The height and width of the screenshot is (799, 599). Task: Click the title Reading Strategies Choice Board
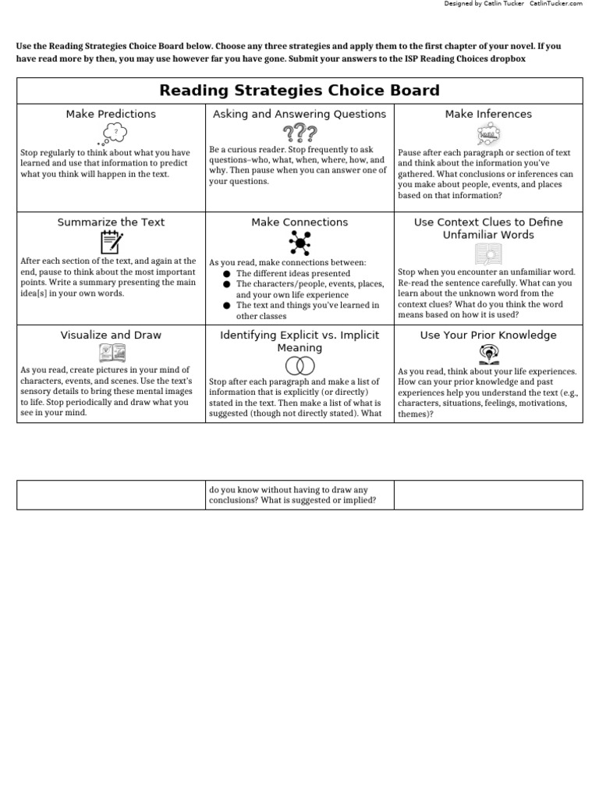pyautogui.click(x=299, y=91)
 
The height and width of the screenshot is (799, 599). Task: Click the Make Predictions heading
pyautogui.click(x=111, y=114)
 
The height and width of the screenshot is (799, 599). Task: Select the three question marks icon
pyautogui.click(x=299, y=133)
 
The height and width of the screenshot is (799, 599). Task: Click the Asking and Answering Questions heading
pyautogui.click(x=299, y=114)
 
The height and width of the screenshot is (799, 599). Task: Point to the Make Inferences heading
pyautogui.click(x=488, y=114)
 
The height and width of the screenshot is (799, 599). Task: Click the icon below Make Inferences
pyautogui.click(x=488, y=134)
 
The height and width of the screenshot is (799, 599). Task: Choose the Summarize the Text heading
pyautogui.click(x=111, y=222)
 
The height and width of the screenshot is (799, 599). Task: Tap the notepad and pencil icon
pyautogui.click(x=111, y=242)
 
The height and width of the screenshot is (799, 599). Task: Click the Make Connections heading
pyautogui.click(x=299, y=222)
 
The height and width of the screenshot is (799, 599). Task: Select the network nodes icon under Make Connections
pyautogui.click(x=299, y=243)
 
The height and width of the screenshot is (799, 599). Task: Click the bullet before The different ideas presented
pyautogui.click(x=226, y=274)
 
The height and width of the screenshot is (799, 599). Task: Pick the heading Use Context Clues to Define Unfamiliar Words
pyautogui.click(x=488, y=229)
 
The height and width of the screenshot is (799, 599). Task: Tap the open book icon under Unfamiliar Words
pyautogui.click(x=488, y=255)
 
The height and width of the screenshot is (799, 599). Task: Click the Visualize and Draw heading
pyautogui.click(x=111, y=336)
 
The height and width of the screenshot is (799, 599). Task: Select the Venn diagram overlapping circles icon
pyautogui.click(x=299, y=365)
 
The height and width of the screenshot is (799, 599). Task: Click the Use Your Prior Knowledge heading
pyautogui.click(x=488, y=336)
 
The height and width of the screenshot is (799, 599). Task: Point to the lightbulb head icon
pyautogui.click(x=488, y=355)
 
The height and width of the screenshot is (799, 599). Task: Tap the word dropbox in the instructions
pyautogui.click(x=507, y=59)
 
